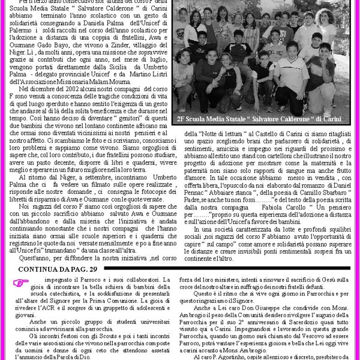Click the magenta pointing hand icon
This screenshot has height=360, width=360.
click(x=22, y=283)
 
